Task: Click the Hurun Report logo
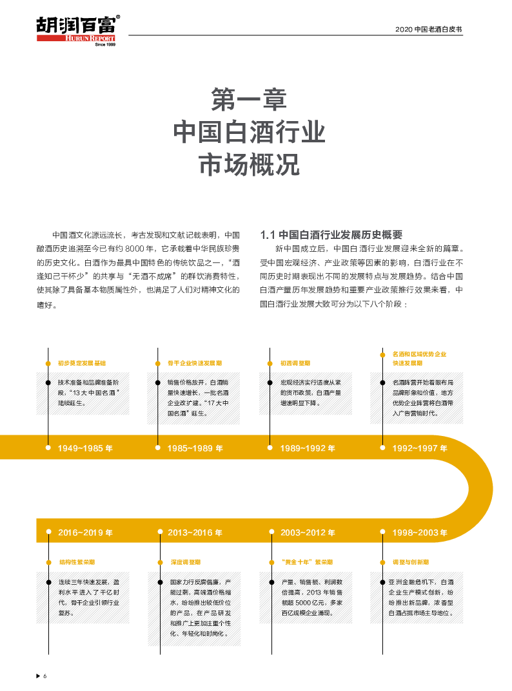click(76, 31)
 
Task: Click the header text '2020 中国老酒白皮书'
click(429, 30)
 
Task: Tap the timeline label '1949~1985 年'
click(84, 448)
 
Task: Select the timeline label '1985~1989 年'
click(195, 448)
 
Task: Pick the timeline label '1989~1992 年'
click(308, 448)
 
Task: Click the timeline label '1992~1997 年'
click(419, 448)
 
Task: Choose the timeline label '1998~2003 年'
click(419, 533)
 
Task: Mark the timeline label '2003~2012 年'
click(308, 533)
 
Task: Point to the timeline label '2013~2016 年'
click(195, 533)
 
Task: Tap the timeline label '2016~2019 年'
click(84, 533)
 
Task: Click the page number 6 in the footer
click(45, 676)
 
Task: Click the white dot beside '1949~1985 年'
click(48, 448)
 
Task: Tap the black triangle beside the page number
click(37, 676)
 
